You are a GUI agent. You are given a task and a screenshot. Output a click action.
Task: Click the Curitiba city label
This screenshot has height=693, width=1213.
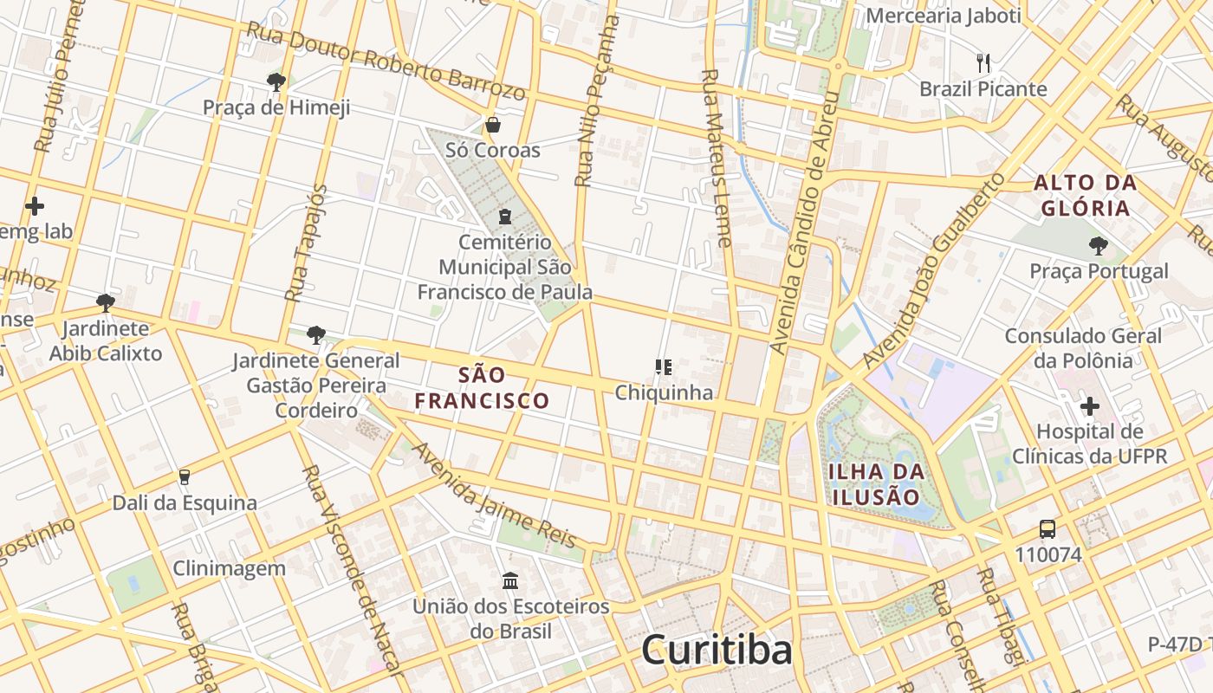(x=717, y=650)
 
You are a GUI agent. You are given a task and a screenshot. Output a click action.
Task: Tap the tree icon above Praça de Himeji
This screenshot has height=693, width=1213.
(x=276, y=82)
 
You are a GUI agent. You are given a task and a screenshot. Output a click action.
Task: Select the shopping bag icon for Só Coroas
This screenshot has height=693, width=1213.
(x=492, y=125)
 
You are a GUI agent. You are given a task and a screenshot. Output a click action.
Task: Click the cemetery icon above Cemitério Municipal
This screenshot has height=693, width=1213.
(x=504, y=216)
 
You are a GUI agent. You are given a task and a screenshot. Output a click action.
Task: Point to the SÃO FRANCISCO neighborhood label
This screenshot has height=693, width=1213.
(x=482, y=387)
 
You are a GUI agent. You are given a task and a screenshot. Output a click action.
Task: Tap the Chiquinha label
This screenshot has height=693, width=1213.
(x=664, y=392)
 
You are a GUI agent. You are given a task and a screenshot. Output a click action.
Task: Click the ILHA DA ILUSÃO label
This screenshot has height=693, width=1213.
(x=876, y=484)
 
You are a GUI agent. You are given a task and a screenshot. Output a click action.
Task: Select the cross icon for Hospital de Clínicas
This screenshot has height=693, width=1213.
(x=1089, y=405)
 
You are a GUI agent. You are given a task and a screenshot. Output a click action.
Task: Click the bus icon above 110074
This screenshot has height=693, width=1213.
(x=1048, y=528)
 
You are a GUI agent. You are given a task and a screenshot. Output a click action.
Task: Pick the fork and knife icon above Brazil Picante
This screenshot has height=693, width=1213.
(x=983, y=62)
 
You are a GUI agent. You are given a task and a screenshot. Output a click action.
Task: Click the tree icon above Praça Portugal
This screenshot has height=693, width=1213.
(x=1098, y=246)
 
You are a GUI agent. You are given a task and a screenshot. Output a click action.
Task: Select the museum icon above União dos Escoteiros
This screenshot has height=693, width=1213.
(x=510, y=580)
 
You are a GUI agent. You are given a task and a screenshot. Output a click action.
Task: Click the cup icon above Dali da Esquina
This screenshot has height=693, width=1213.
(x=184, y=476)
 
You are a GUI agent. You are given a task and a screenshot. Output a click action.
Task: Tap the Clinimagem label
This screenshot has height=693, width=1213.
(x=229, y=568)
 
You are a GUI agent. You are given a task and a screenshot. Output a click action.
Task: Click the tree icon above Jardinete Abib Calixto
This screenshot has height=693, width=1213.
(x=106, y=302)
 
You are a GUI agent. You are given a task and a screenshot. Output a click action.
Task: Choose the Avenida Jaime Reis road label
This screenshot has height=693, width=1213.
(x=493, y=495)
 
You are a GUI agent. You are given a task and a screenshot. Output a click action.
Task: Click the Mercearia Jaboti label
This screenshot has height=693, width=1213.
(x=944, y=16)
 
